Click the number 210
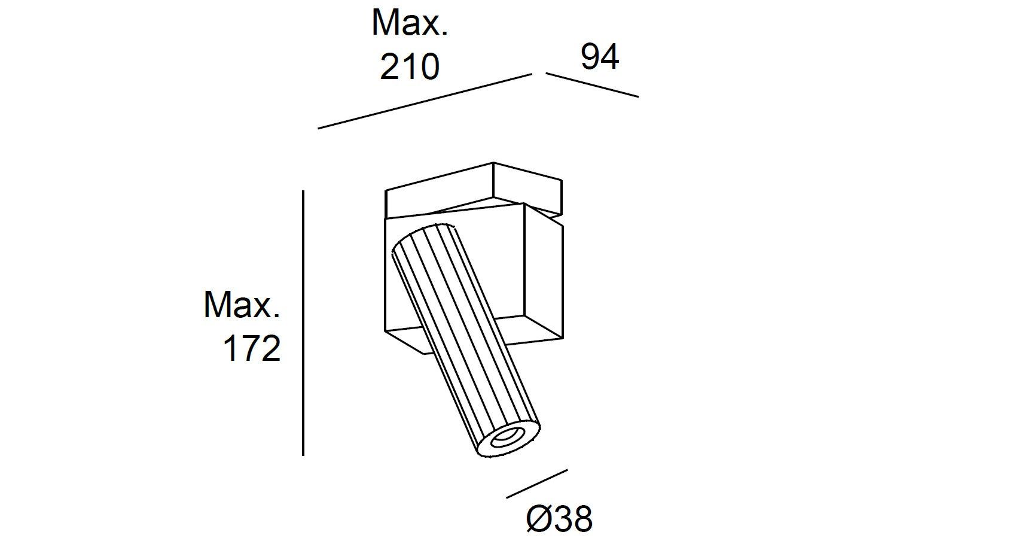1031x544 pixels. pos(410,66)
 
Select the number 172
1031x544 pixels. pos(251,348)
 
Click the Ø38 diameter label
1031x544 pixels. pos(559,518)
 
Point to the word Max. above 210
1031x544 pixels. pos(410,23)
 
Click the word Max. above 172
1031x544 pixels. pos(242,305)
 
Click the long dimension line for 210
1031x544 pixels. pos(425,101)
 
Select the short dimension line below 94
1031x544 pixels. pos(592,85)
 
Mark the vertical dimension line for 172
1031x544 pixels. pos(303,323)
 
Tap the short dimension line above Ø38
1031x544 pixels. pos(536,484)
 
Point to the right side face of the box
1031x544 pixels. pos(543,269)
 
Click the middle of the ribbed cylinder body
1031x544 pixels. pos(466,335)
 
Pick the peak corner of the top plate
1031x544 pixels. pos(493,163)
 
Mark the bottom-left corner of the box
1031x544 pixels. pos(385,330)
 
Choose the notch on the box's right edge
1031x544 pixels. pos(560,223)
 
